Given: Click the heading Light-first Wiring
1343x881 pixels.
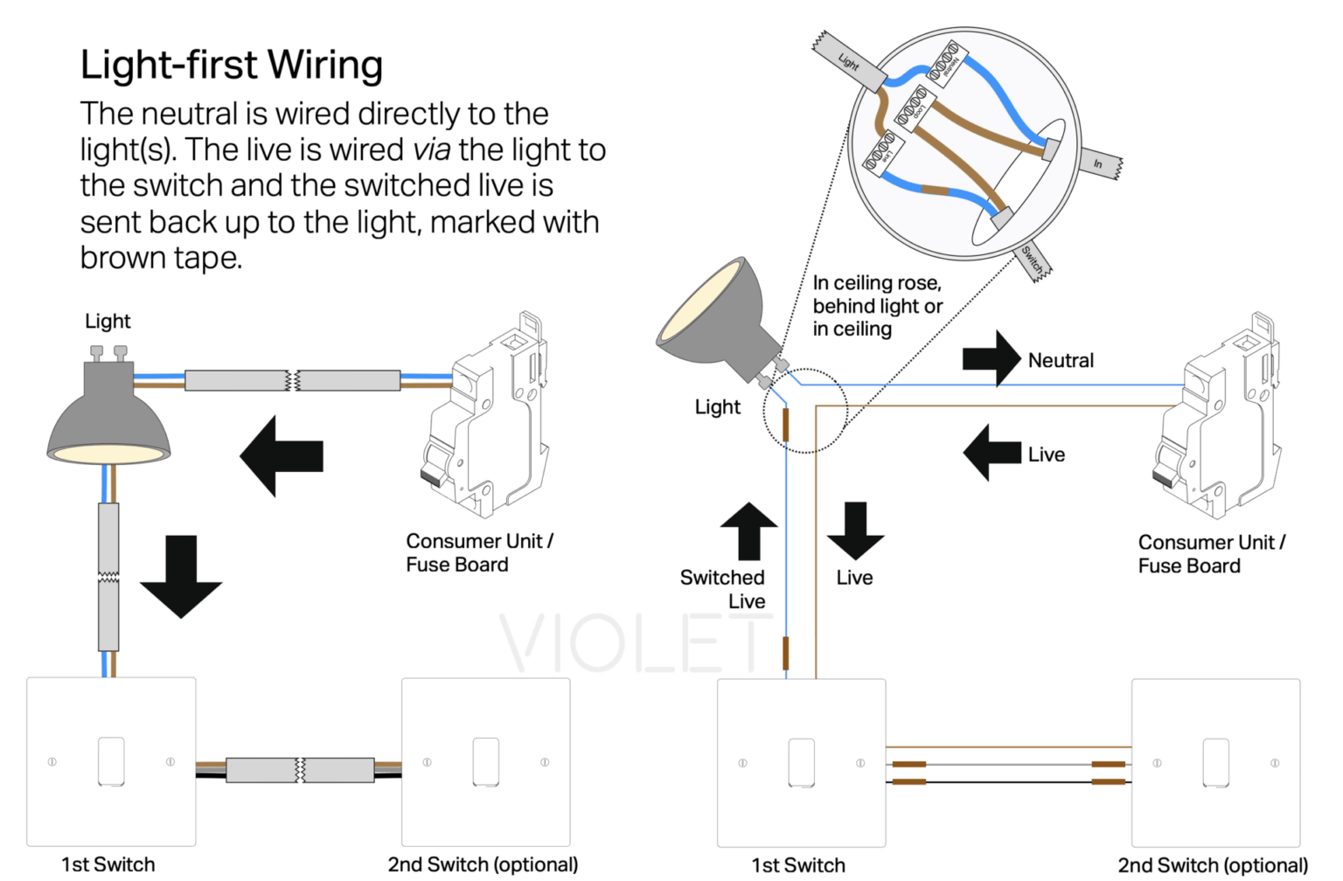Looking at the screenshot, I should tap(232, 66).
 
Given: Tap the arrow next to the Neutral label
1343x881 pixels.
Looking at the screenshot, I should tap(992, 358).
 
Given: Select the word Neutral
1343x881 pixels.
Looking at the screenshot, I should tap(1061, 360).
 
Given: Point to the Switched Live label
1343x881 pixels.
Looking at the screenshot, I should tap(724, 589).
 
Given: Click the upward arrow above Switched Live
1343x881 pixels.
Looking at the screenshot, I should tap(748, 531).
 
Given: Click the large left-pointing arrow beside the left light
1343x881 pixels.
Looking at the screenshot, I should tap(282, 456).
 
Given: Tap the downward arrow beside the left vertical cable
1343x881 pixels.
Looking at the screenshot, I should tap(181, 576).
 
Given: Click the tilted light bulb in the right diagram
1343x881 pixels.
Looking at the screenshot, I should tap(713, 319).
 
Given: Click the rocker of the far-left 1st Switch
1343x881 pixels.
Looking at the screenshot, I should tap(111, 761).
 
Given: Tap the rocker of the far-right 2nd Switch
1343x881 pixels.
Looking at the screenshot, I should tap(1215, 762).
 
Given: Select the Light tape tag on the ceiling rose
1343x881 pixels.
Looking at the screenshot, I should tap(849, 62).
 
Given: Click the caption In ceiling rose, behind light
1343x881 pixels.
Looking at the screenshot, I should tap(877, 305).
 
